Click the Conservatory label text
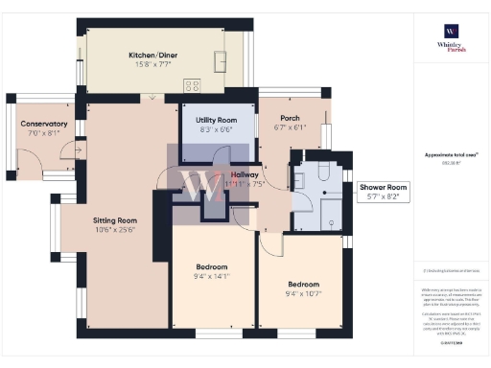(x=44, y=124)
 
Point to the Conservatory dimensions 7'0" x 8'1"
(x=44, y=132)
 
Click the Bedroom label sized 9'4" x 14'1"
(x=212, y=266)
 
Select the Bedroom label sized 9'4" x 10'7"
(x=302, y=285)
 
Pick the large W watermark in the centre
(x=202, y=184)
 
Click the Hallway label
(x=250, y=174)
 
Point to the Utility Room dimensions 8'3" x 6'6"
(x=216, y=128)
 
